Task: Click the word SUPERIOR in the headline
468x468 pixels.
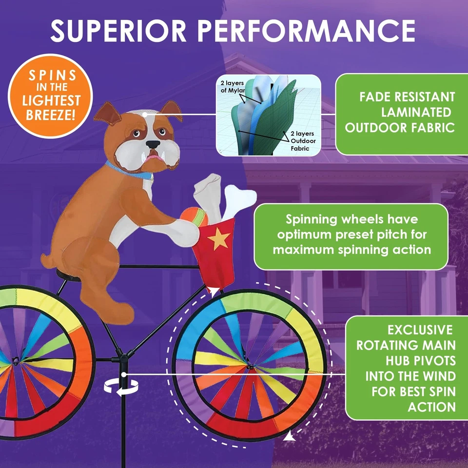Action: click(x=118, y=31)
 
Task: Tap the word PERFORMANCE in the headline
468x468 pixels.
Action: click(x=306, y=31)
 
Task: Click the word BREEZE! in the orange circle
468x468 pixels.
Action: click(x=50, y=115)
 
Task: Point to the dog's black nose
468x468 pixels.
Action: click(x=153, y=144)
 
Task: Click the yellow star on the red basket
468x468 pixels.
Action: click(x=219, y=238)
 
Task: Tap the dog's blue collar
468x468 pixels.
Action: click(x=128, y=171)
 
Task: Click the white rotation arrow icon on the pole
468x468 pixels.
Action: click(x=121, y=388)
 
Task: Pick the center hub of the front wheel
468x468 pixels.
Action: click(x=250, y=365)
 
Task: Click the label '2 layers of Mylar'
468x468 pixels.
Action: click(x=232, y=86)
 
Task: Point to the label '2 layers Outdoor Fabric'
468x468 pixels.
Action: click(x=303, y=141)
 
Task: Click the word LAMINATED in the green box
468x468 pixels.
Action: click(x=416, y=112)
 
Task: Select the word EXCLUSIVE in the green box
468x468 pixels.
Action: click(x=420, y=330)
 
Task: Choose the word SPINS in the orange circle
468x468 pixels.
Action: click(x=53, y=76)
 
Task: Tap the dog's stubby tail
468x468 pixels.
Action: click(x=47, y=260)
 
